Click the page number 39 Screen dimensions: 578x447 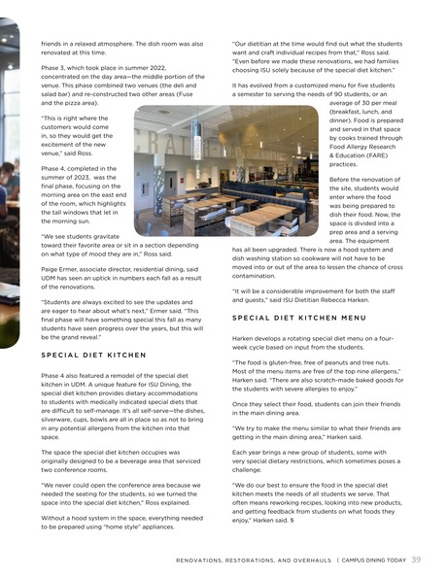(416, 560)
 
